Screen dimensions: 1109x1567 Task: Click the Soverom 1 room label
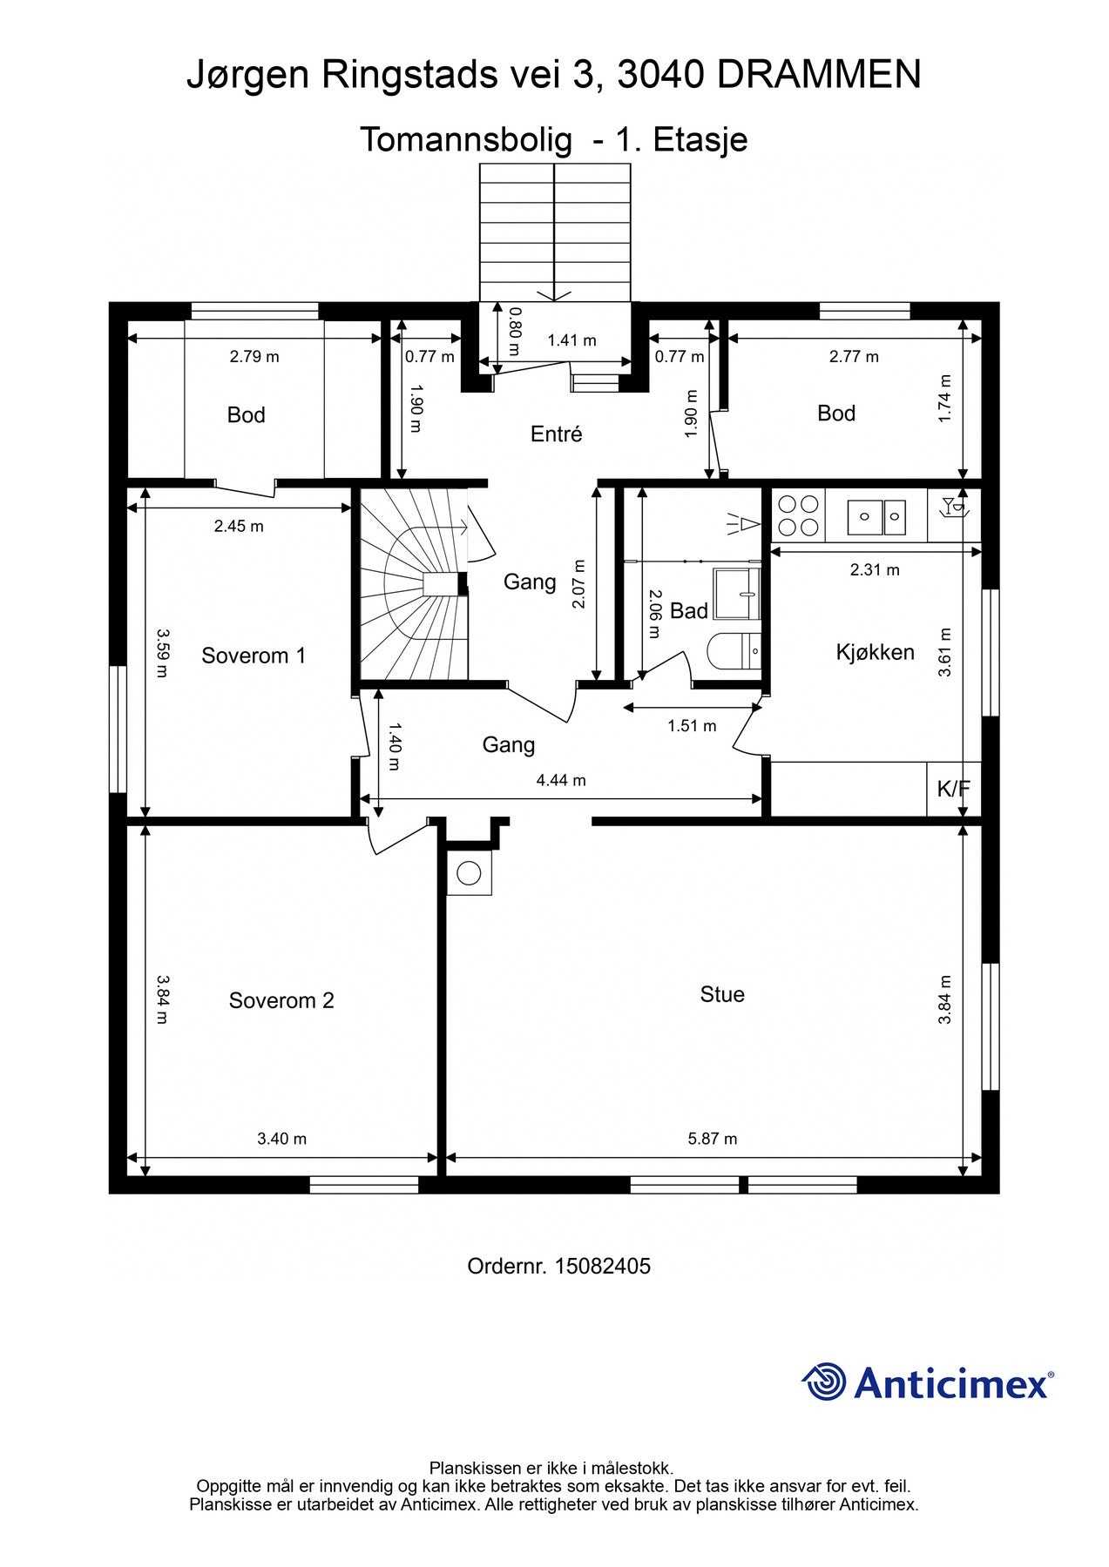[x=254, y=656]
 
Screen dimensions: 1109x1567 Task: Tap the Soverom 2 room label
[x=281, y=1000]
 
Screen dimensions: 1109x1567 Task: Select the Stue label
[x=722, y=994]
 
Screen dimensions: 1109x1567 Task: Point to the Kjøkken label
[x=876, y=652]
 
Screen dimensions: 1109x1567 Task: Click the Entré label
[x=557, y=434]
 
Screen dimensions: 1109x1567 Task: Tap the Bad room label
[x=689, y=611]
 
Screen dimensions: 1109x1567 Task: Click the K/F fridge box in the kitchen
[x=954, y=789]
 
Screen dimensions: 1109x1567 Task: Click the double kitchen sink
[x=878, y=517]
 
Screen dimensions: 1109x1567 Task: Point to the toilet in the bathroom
[x=734, y=650]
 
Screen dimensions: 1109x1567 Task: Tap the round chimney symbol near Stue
[x=469, y=872]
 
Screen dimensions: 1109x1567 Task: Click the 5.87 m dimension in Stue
[x=713, y=1138]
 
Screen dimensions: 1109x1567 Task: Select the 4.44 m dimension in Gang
[x=561, y=780]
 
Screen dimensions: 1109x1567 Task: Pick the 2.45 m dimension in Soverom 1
[x=239, y=526]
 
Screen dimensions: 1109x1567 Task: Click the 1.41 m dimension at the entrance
[x=571, y=340]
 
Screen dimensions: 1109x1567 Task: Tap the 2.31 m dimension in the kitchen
[x=875, y=570]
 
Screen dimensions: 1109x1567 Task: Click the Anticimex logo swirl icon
[x=824, y=1382]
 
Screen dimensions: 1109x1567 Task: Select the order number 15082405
[x=602, y=1266]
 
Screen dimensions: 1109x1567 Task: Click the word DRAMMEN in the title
[x=819, y=76]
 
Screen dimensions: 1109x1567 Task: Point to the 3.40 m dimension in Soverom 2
[x=281, y=1138]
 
